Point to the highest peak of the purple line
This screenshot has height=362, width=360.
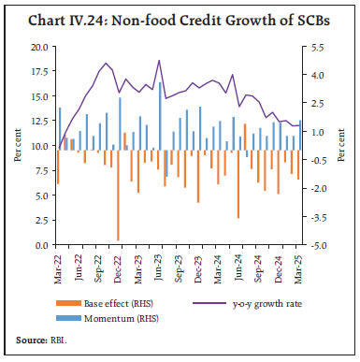pyautogui.click(x=160, y=61)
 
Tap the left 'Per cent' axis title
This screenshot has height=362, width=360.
pyautogui.click(x=17, y=146)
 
